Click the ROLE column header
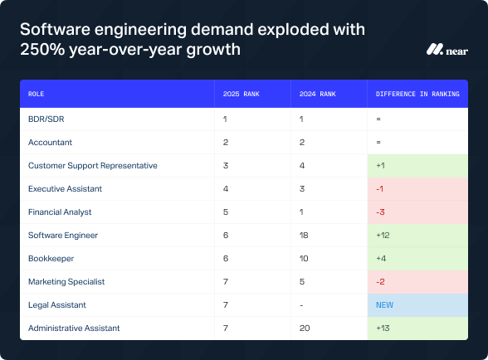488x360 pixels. click(x=37, y=94)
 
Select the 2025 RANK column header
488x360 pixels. click(x=242, y=94)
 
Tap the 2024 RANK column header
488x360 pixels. click(x=319, y=94)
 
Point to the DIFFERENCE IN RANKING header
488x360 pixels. click(x=417, y=94)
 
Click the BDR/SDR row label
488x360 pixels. click(x=46, y=119)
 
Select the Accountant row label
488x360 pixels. click(x=50, y=143)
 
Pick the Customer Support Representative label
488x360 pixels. click(x=93, y=166)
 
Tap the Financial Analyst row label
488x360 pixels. click(x=60, y=212)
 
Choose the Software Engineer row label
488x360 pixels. click(x=63, y=236)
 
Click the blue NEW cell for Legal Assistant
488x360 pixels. click(x=384, y=305)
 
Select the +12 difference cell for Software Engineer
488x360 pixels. click(x=383, y=236)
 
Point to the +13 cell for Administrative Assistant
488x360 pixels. click(x=383, y=328)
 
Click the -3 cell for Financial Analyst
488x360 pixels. click(x=380, y=212)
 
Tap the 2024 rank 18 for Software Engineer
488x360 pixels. click(x=304, y=236)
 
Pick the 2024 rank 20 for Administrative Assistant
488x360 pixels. click(x=305, y=328)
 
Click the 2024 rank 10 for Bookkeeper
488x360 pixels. click(x=304, y=259)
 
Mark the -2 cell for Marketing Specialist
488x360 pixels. click(x=380, y=282)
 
